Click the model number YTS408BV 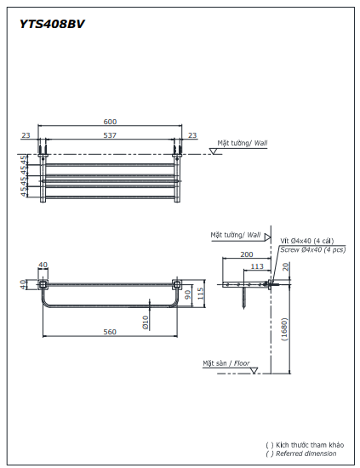52,25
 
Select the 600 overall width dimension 110,121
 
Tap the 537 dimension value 110,134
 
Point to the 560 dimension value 110,332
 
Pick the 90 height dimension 188,294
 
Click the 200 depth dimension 247,254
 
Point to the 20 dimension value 287,266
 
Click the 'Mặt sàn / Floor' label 226,363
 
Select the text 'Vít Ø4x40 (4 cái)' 306,242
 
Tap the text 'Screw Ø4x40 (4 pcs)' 312,249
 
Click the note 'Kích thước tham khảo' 310,446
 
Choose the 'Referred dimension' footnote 306,454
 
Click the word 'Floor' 242,363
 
